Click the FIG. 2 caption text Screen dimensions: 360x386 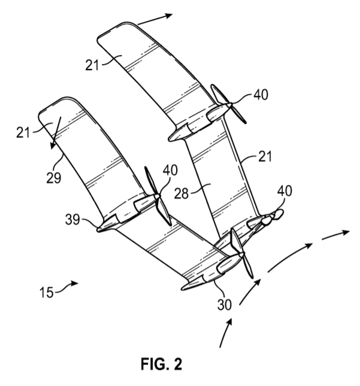pyautogui.click(x=161, y=364)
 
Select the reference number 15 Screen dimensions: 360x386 pyautogui.click(x=47, y=293)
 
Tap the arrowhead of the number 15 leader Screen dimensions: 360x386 pyautogui.click(x=75, y=283)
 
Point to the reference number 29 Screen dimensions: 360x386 pyautogui.click(x=53, y=178)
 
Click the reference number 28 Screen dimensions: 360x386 pyautogui.click(x=181, y=193)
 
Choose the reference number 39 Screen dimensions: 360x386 pyautogui.click(x=72, y=220)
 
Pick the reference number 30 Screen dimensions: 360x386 pyautogui.click(x=225, y=305)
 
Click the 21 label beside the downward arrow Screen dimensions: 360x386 pyautogui.click(x=23, y=132)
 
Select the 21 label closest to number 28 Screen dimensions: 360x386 pyautogui.click(x=265, y=156)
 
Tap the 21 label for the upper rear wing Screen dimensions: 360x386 pyautogui.click(x=92, y=65)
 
